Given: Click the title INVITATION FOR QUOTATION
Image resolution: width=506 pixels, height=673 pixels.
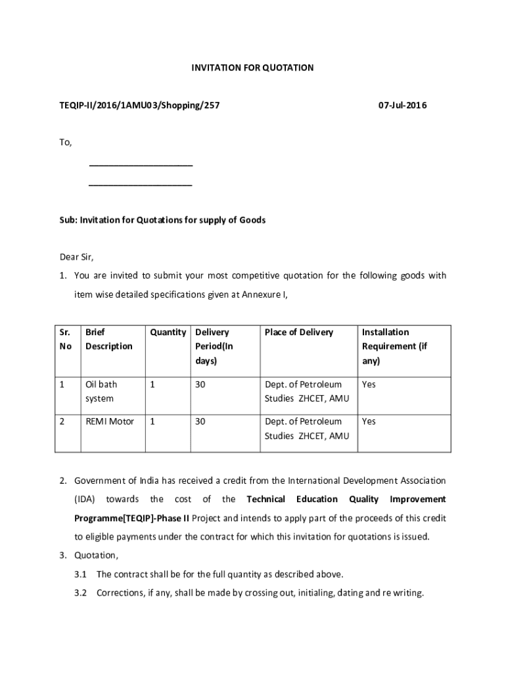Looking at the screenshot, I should [x=252, y=68].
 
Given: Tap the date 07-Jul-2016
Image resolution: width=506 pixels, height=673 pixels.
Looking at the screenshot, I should [x=402, y=105].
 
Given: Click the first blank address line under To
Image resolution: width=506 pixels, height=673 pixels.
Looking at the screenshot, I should [x=140, y=165].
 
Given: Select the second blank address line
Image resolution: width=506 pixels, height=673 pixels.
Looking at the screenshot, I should [x=140, y=186].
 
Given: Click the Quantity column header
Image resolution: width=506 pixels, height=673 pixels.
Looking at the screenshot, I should [x=168, y=333].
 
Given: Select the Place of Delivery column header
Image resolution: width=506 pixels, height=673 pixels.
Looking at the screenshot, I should [x=299, y=333].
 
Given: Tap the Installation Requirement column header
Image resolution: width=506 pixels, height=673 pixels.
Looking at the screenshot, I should [x=394, y=346].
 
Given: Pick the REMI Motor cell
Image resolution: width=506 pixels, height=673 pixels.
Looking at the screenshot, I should [x=110, y=421].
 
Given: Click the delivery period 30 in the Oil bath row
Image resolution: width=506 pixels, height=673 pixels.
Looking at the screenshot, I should [x=200, y=384].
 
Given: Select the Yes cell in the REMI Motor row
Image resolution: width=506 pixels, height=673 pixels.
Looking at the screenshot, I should [x=369, y=421].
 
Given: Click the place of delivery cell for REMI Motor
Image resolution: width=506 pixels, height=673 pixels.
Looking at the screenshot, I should [x=307, y=429].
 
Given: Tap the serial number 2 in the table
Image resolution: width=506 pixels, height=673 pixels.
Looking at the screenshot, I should [x=62, y=421].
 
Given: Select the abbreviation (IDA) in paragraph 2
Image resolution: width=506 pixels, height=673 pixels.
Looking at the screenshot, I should [x=85, y=499].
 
